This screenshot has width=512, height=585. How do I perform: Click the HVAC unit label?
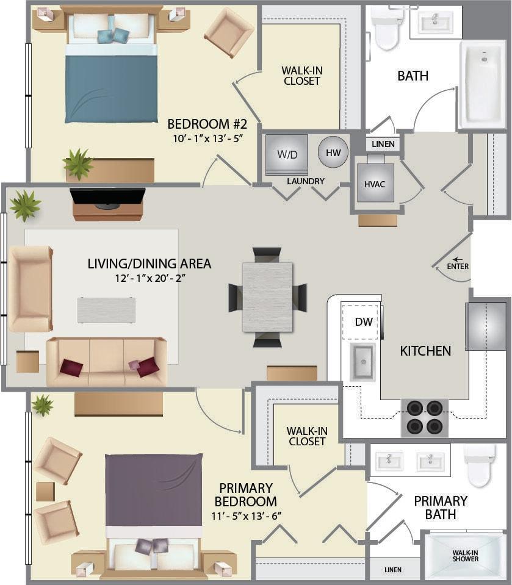point(375,183)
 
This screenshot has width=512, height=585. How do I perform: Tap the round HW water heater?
point(333,152)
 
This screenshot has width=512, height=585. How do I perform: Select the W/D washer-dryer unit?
point(287,154)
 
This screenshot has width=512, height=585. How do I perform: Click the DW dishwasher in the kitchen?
point(364,321)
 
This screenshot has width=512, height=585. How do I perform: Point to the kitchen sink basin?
point(362,361)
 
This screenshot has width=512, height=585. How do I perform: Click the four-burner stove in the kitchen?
point(425,417)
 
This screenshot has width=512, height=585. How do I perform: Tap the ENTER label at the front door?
point(458,267)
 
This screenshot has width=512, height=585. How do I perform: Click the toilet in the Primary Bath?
point(479,465)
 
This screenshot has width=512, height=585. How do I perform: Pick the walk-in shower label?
point(465,556)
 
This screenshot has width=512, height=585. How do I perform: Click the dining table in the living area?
point(267,296)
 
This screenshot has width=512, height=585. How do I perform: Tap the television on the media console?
point(107,198)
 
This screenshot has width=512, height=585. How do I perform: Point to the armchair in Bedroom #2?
point(229,32)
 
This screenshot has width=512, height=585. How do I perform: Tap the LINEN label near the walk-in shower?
point(393,570)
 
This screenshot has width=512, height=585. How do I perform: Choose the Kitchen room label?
point(425,351)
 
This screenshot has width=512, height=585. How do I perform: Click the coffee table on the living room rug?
point(106,309)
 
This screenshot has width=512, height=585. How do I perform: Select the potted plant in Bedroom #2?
point(78,163)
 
